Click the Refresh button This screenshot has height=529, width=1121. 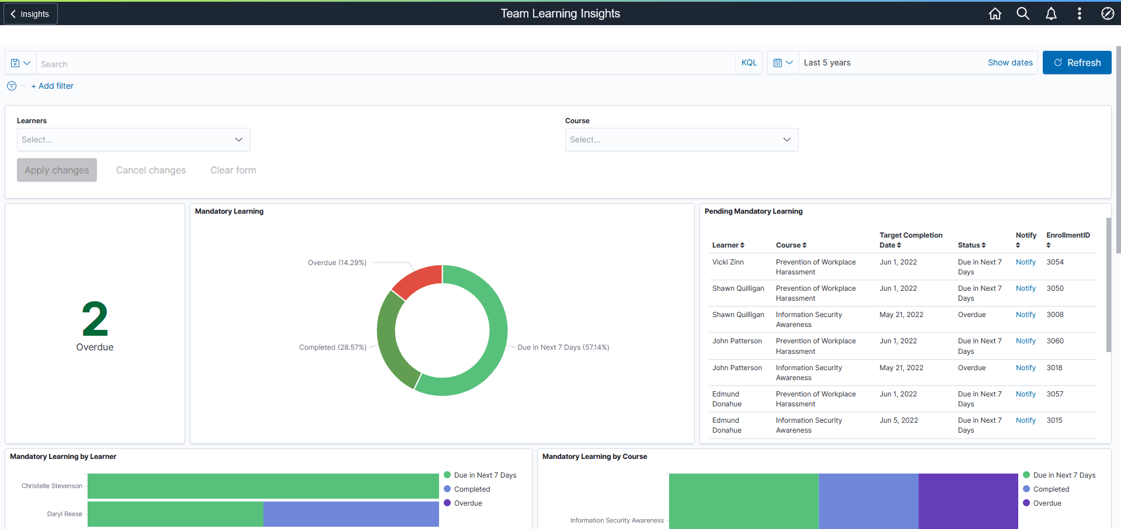1077,62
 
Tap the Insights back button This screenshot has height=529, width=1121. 30,14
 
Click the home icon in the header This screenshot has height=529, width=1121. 995,13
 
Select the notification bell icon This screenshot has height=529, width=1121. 1051,13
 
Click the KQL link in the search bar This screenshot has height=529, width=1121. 749,62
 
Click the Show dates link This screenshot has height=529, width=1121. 1009,62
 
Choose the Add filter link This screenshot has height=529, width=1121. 53,86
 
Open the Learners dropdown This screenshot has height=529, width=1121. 133,140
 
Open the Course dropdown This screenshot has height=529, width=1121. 681,140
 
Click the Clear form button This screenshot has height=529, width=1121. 233,170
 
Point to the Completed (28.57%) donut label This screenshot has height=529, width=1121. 332,347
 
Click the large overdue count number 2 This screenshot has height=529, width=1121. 95,319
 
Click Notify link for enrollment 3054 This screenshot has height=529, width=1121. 1025,262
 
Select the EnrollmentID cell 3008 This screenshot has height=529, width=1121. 1054,315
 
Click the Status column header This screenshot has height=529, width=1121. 971,245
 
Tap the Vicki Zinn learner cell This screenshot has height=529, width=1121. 727,262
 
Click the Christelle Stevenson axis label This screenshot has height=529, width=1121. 52,486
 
